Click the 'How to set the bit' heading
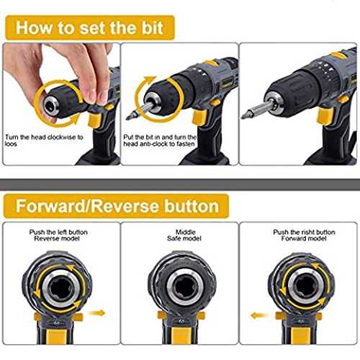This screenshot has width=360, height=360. tap(89, 27)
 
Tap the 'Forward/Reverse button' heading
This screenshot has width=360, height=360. tap(117, 206)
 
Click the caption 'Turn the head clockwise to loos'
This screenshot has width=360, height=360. tap(44, 140)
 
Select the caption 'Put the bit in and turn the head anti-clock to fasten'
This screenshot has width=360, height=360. tap(160, 140)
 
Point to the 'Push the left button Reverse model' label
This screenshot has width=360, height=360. tap(58, 235)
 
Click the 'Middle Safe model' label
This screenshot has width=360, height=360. tap(184, 235)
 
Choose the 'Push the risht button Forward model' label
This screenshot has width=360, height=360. tap(304, 235)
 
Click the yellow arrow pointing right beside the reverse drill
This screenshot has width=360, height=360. tap(96, 313)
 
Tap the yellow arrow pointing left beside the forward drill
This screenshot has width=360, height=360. tap(260, 315)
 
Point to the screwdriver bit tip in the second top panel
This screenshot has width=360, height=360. tap(130, 116)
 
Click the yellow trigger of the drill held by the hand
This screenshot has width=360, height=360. tap(95, 120)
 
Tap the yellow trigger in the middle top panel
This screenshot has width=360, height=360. tap(199, 117)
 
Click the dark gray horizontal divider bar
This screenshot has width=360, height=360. tap(180, 184)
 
